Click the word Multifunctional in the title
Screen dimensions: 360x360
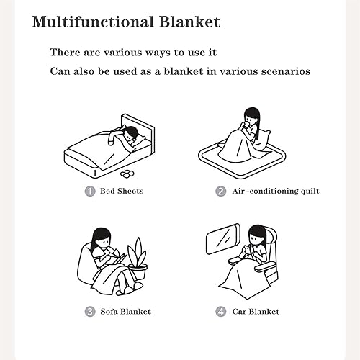click(x=93, y=22)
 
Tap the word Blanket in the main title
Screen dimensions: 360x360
click(x=189, y=22)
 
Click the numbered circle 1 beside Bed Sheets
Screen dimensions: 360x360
click(x=90, y=192)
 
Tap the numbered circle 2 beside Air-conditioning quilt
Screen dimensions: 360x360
click(x=220, y=192)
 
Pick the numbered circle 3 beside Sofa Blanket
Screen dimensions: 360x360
click(x=90, y=312)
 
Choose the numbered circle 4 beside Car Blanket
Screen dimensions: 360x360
click(x=220, y=312)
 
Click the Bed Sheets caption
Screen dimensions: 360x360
click(x=122, y=191)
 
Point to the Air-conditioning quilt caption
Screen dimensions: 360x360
click(x=276, y=192)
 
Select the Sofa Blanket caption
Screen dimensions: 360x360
click(x=125, y=312)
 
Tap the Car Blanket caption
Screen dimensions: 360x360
click(x=256, y=312)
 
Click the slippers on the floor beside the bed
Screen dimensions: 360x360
click(x=127, y=174)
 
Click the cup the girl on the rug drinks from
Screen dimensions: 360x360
click(x=246, y=126)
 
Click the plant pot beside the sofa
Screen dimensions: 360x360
click(x=138, y=271)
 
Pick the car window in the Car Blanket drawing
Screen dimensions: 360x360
click(x=223, y=239)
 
